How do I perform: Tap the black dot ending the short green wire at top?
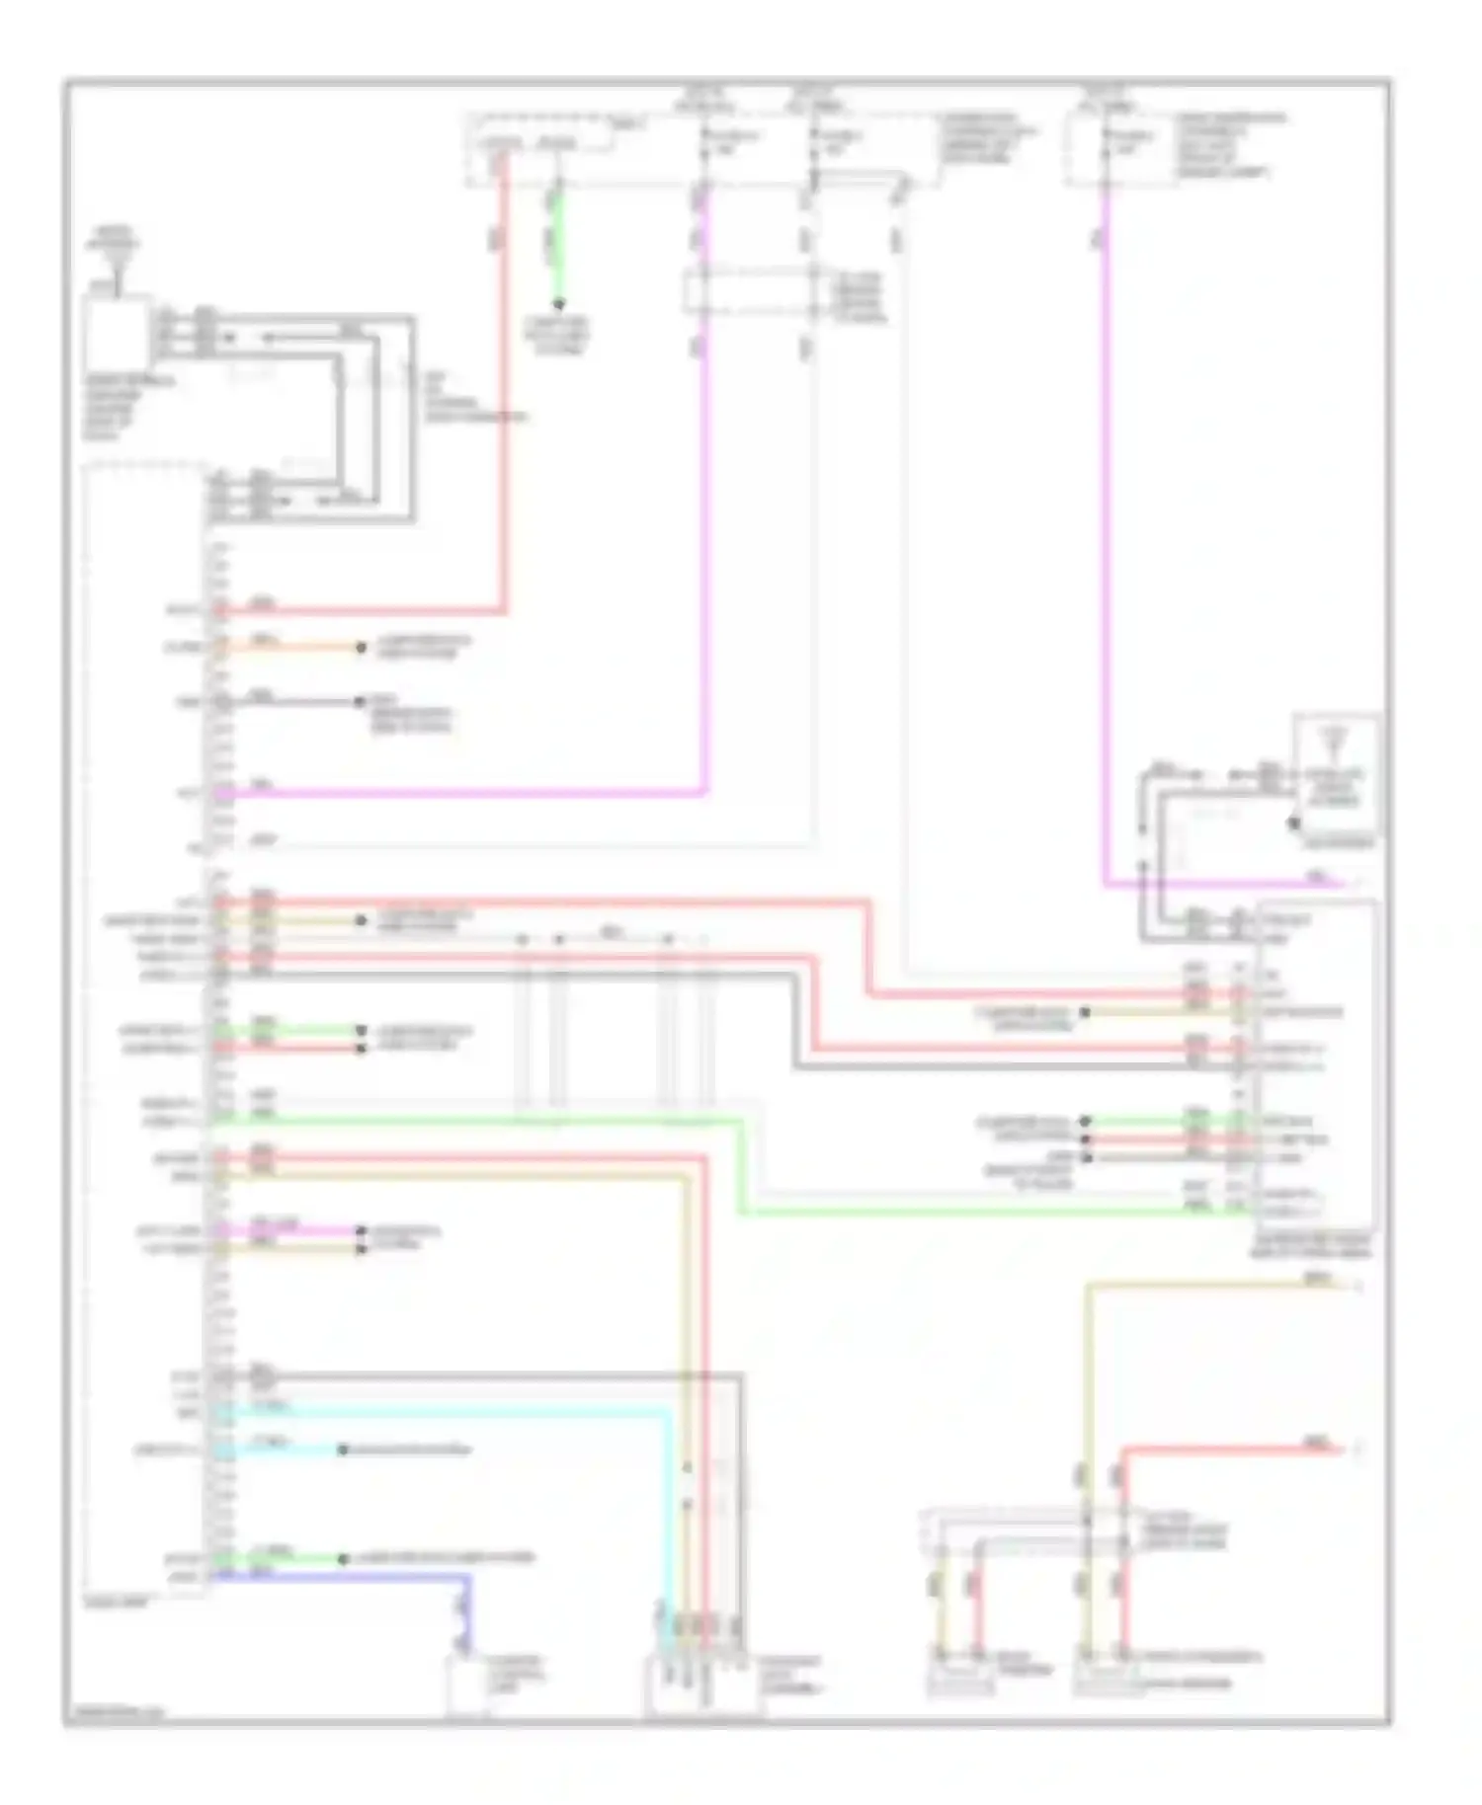(558, 303)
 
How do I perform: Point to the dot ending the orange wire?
(362, 648)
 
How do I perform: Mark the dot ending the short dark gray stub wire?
(361, 702)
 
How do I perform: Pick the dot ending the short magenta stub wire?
(362, 1231)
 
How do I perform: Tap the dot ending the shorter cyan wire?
(343, 1450)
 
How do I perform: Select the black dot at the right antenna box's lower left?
(1293, 823)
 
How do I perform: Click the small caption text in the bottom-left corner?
(114, 1714)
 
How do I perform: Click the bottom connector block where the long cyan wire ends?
(703, 1685)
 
